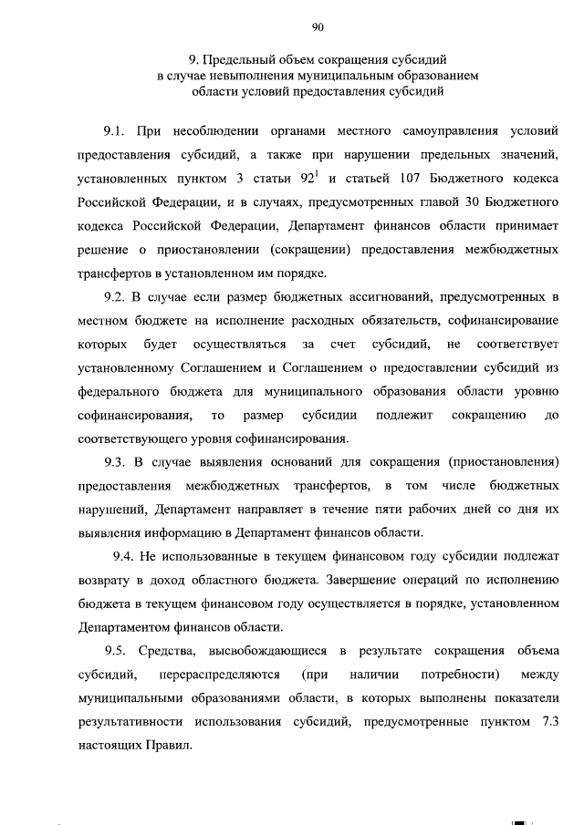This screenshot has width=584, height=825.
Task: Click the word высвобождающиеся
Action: click(x=266, y=650)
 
